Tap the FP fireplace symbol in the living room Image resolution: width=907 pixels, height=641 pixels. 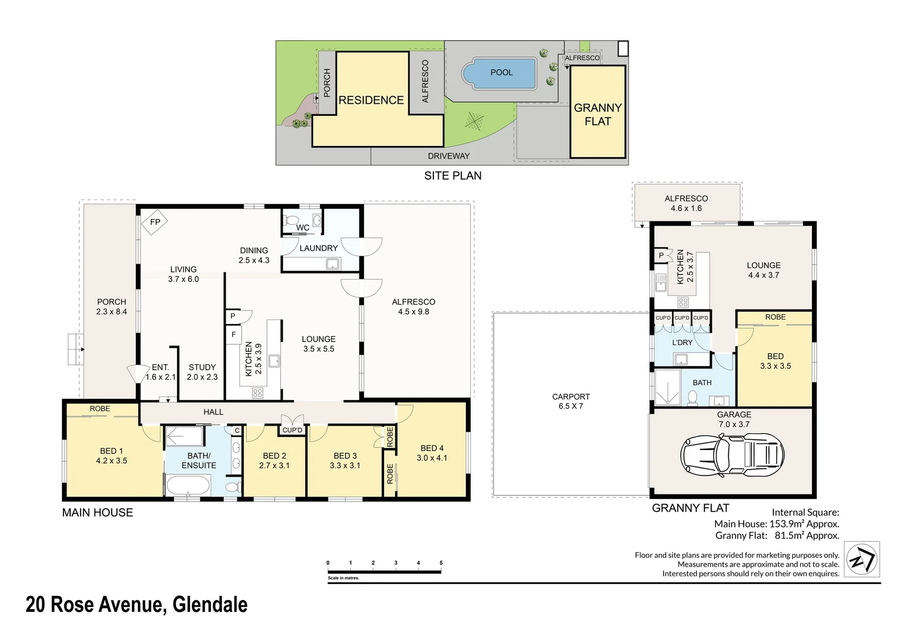tap(154, 223)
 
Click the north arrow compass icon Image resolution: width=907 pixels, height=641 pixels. tap(861, 559)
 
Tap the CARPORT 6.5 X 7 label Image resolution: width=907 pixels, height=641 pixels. tap(570, 401)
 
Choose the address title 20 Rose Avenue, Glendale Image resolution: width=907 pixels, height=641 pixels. tap(137, 604)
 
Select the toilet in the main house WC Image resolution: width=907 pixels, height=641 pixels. tap(291, 221)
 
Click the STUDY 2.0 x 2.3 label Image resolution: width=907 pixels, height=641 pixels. tap(202, 372)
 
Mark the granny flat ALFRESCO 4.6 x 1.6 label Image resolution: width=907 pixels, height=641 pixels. tap(686, 203)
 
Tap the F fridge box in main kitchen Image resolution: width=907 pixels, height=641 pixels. tap(233, 335)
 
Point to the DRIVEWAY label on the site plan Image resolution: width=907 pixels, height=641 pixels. tap(448, 156)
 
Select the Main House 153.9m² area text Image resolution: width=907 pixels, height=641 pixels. tap(776, 523)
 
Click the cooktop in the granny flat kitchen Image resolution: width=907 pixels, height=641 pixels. tap(683, 302)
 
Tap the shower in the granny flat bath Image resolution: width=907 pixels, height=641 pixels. tap(667, 388)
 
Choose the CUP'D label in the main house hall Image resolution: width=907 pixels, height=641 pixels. tap(292, 430)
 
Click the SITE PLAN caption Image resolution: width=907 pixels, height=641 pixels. tap(452, 176)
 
